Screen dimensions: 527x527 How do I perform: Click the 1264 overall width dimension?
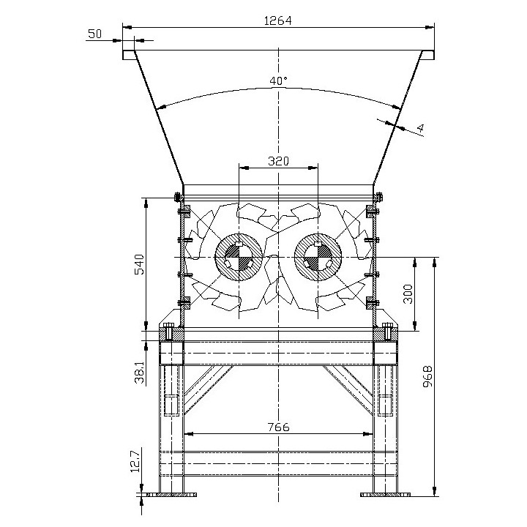278,20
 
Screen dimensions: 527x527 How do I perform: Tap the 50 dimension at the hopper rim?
94,34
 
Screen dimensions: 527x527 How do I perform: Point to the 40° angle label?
279,81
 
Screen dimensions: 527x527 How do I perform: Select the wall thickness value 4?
420,127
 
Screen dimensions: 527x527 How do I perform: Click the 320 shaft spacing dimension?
278,161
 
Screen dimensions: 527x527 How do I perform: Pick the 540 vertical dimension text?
139,264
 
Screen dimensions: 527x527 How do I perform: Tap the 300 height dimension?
408,294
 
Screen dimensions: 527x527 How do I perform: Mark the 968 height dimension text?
427,376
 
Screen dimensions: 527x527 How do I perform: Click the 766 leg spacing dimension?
278,427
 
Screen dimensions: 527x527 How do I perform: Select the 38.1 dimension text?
140,373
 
